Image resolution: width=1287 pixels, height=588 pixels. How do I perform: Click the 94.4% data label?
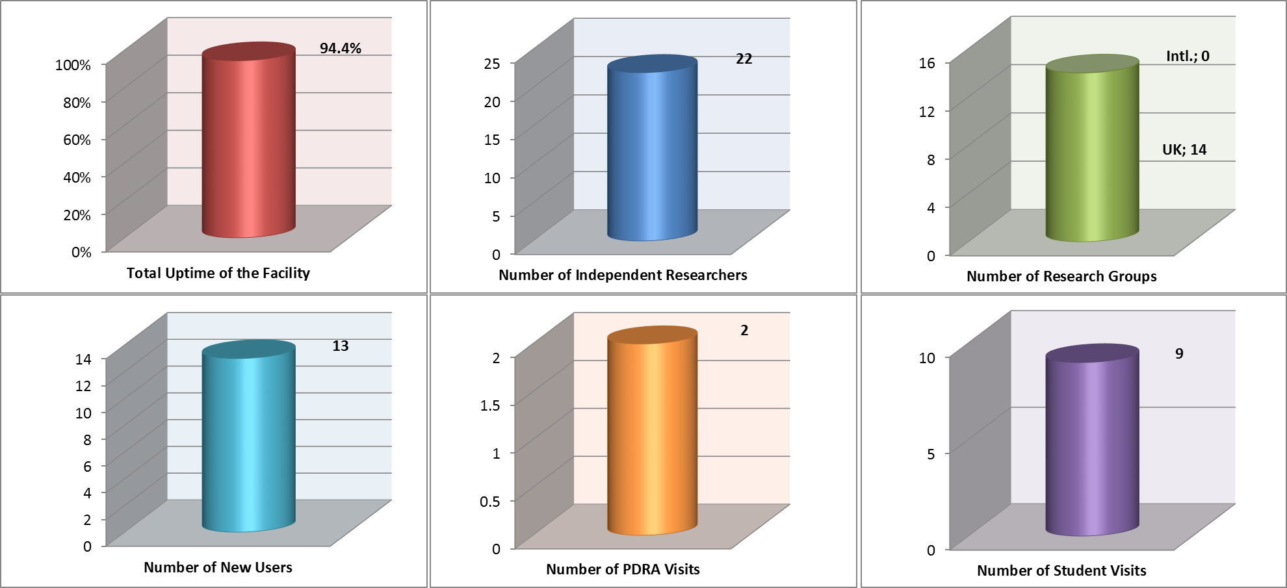click(x=340, y=48)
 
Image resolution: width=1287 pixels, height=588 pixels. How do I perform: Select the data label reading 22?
click(x=744, y=59)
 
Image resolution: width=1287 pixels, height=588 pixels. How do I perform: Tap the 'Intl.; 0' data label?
click(x=1187, y=56)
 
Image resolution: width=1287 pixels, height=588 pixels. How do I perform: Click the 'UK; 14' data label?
click(x=1184, y=149)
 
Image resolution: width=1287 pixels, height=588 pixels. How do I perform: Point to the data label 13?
click(x=340, y=346)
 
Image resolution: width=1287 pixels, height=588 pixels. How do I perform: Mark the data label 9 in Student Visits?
click(x=1179, y=353)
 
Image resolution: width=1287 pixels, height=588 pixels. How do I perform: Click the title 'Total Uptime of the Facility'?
click(x=218, y=273)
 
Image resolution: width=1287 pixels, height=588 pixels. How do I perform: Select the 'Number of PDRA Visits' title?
click(x=623, y=569)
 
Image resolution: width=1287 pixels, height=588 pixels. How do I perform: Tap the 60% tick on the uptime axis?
click(x=77, y=140)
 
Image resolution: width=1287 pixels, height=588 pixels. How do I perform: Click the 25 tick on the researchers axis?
click(x=492, y=64)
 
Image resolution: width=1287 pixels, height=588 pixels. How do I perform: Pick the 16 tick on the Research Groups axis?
click(x=927, y=63)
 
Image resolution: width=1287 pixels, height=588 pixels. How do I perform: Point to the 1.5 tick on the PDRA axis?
click(x=489, y=405)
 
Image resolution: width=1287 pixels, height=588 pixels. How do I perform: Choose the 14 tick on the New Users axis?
click(x=83, y=359)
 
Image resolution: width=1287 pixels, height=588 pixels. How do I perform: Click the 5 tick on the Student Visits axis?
click(x=931, y=454)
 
